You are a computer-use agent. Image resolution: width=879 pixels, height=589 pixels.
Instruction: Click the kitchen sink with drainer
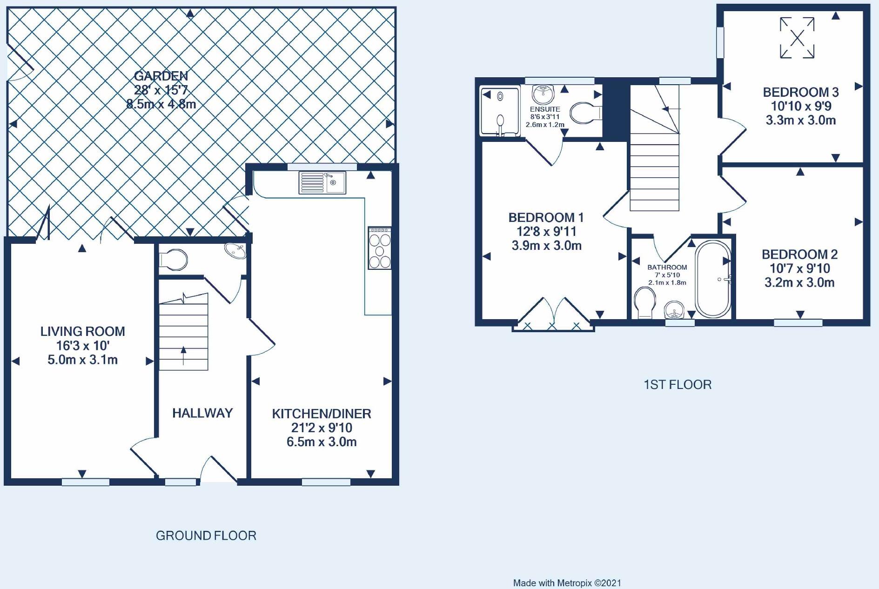pyautogui.click(x=322, y=182)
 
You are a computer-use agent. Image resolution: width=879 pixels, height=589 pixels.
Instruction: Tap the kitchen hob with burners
pyautogui.click(x=380, y=248)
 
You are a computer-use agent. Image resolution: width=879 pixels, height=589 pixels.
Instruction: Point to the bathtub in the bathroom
pyautogui.click(x=713, y=279)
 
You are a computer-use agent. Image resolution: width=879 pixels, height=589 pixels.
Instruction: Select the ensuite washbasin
pyautogui.click(x=544, y=94)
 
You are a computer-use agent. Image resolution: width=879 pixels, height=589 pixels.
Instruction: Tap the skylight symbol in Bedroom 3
pyautogui.click(x=797, y=38)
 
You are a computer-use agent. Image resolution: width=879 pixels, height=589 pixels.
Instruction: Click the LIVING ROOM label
pyautogui.click(x=83, y=331)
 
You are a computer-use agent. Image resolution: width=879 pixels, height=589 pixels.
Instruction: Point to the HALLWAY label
pyautogui.click(x=202, y=413)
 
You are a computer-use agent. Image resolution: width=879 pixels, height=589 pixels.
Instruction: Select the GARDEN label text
pyautogui.click(x=161, y=76)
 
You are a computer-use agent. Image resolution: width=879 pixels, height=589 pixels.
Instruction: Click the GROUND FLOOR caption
pyautogui.click(x=206, y=535)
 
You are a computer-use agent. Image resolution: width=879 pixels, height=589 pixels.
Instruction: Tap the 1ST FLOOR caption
pyautogui.click(x=678, y=385)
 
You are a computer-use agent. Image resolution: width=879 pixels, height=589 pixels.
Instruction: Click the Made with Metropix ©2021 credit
pyautogui.click(x=567, y=583)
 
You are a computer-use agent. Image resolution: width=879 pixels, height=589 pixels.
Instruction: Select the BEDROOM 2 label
pyautogui.click(x=799, y=254)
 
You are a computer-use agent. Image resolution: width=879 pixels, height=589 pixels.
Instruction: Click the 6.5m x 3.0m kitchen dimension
pyautogui.click(x=322, y=442)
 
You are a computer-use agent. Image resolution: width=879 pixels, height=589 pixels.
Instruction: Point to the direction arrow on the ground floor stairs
pyautogui.click(x=183, y=356)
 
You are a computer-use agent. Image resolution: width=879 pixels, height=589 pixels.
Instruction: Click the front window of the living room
pyautogui.click(x=86, y=482)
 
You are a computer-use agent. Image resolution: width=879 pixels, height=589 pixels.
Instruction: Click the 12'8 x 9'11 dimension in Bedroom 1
pyautogui.click(x=546, y=232)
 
